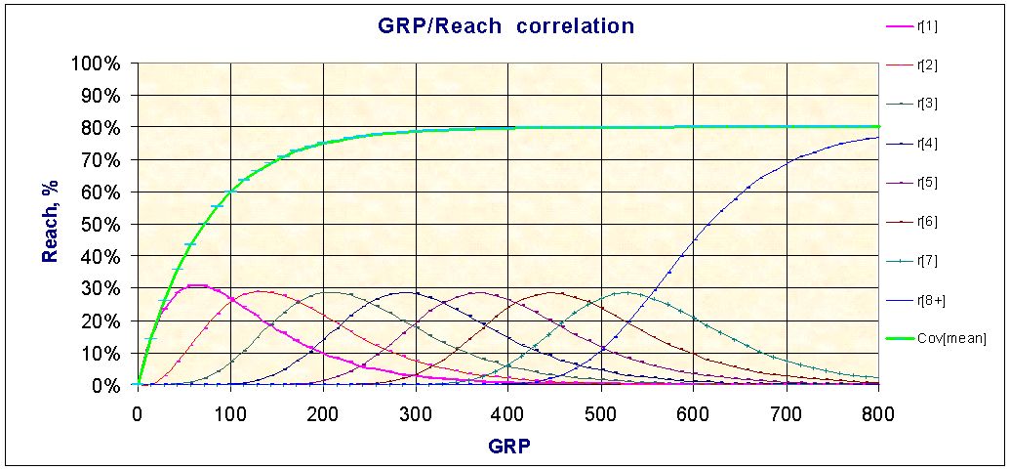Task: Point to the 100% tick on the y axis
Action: (96, 64)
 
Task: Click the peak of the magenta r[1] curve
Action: (195, 285)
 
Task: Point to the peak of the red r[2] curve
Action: (259, 291)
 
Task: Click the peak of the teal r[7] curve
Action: (626, 292)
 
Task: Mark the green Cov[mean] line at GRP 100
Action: (230, 192)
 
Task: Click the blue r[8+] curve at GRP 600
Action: (694, 238)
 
